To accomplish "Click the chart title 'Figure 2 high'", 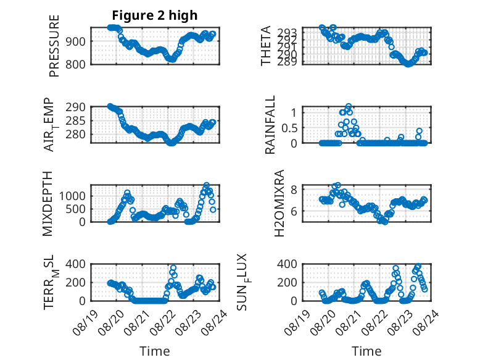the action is click(x=155, y=15).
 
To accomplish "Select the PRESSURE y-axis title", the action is click(x=54, y=46).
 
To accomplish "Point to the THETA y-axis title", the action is click(x=266, y=46).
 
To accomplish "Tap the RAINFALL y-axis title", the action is click(x=270, y=125).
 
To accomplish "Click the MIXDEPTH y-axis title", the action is click(x=48, y=204).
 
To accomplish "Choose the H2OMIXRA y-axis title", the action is click(x=279, y=203).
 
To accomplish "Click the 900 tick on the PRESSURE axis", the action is click(x=75, y=41).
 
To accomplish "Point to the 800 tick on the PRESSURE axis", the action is click(x=75, y=64).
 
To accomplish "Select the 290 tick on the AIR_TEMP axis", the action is click(x=75, y=107).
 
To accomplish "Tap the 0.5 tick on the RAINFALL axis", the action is click(x=289, y=128).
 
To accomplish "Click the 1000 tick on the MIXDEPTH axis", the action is click(x=72, y=196).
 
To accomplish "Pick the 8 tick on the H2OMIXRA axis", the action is click(x=294, y=190).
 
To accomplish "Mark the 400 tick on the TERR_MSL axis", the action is click(x=75, y=264).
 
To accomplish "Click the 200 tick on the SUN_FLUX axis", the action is click(x=287, y=282).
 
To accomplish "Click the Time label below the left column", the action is click(x=155, y=351).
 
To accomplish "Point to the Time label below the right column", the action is click(x=366, y=351).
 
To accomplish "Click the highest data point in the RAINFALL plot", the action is click(x=349, y=106).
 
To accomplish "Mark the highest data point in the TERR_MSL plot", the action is click(x=173, y=268).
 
